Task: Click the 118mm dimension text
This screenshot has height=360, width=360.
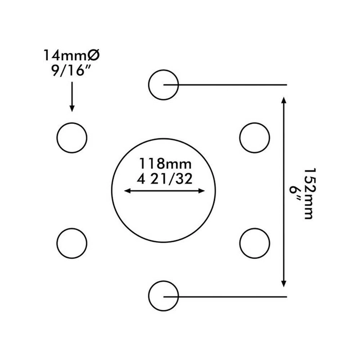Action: coord(165,164)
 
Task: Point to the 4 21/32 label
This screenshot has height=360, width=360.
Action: coord(165,179)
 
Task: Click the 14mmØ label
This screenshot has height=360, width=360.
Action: coord(71,55)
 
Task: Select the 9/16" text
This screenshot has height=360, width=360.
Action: coord(70,70)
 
